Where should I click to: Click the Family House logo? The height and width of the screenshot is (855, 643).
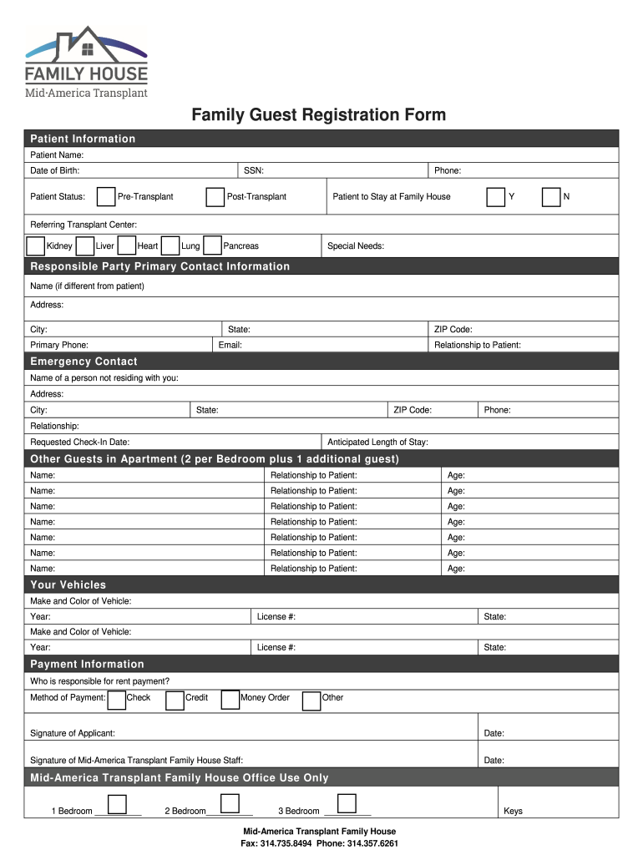click(87, 62)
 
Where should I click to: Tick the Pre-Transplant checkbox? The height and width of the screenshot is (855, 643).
click(106, 197)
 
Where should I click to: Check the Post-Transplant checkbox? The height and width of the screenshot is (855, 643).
click(215, 197)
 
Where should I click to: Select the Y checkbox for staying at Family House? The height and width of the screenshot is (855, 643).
click(496, 197)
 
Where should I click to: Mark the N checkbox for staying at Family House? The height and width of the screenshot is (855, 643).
click(551, 197)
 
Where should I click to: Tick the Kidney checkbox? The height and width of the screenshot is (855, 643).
click(36, 245)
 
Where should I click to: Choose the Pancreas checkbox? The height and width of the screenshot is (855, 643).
click(212, 245)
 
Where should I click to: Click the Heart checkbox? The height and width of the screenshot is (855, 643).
click(127, 245)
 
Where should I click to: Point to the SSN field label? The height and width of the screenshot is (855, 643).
click(254, 171)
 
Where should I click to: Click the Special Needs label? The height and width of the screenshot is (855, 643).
click(356, 246)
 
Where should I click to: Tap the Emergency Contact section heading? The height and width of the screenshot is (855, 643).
click(84, 362)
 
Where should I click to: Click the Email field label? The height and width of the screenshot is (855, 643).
click(230, 345)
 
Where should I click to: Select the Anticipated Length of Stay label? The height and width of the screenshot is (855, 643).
click(377, 443)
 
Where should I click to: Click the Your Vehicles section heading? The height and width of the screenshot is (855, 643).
click(68, 584)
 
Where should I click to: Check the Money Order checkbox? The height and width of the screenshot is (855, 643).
click(230, 700)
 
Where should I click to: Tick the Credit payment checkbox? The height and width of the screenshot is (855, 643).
click(175, 700)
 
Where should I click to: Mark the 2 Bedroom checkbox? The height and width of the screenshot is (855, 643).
click(230, 804)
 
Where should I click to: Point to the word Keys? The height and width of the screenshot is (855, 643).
click(514, 812)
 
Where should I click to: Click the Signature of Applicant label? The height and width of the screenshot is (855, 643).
click(73, 733)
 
